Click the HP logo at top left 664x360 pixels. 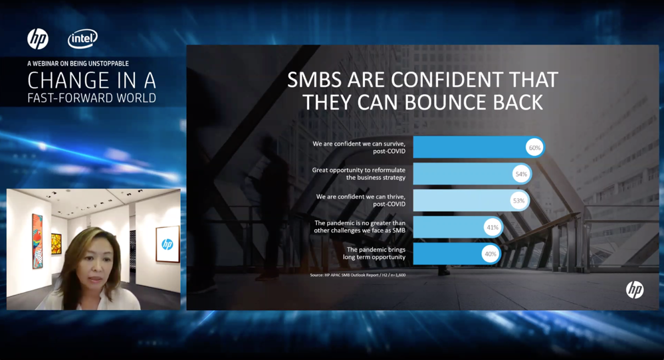[38, 39]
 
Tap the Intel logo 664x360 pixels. [82, 39]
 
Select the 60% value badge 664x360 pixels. [534, 147]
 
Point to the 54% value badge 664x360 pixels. [521, 174]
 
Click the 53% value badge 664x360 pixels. [518, 201]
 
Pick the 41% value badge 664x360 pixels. [493, 227]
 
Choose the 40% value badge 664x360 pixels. [491, 254]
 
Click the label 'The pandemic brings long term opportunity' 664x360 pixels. [374, 254]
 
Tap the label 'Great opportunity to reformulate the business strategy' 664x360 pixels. [359, 174]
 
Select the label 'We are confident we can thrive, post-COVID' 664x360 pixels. [361, 201]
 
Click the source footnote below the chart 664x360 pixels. [358, 275]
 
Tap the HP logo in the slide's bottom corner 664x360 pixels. [634, 290]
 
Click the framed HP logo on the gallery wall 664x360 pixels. [167, 244]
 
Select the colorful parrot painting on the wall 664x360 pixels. [37, 241]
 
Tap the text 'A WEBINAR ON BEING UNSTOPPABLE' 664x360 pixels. [78, 64]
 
